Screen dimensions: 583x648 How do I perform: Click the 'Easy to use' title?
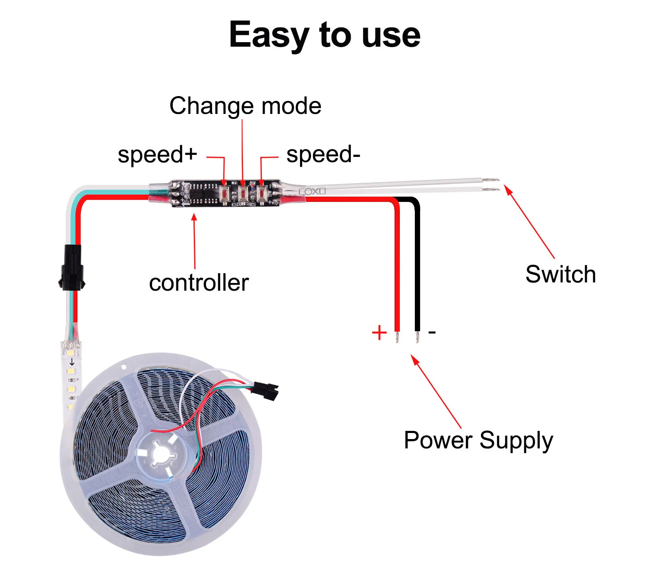[x=324, y=35]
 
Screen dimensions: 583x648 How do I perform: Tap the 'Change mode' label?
[x=245, y=106]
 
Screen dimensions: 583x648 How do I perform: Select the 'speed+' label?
[x=157, y=154]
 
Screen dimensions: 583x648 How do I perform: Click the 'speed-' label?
[x=323, y=154]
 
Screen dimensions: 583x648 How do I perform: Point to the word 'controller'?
[x=199, y=283]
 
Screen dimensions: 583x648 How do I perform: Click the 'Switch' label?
[x=560, y=274]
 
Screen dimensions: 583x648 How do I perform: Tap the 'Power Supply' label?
[x=478, y=440]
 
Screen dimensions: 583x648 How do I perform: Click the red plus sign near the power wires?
[x=379, y=332]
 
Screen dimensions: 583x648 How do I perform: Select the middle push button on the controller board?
[x=243, y=193]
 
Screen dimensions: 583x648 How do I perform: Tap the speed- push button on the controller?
[x=262, y=193]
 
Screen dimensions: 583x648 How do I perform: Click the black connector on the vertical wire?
[x=72, y=268]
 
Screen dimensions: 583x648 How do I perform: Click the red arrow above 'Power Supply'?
[x=436, y=391]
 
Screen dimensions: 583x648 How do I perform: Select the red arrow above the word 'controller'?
[x=194, y=241]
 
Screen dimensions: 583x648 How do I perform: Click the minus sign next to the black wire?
[x=432, y=332]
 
